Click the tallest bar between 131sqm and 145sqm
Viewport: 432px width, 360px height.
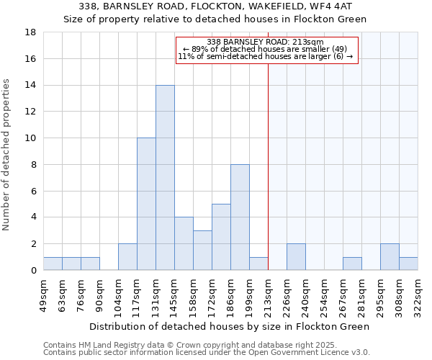pyautogui.click(x=165, y=178)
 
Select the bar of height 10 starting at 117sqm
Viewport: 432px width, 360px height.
pyautogui.click(x=146, y=204)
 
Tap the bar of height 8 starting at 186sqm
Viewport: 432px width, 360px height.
pyautogui.click(x=240, y=217)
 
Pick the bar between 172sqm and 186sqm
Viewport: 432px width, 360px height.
pyautogui.click(x=221, y=237)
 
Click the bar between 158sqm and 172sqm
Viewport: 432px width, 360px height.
pyautogui.click(x=202, y=251)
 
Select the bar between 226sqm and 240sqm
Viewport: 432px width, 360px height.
pyautogui.click(x=296, y=257)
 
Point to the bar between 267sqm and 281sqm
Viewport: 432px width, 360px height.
pyautogui.click(x=352, y=264)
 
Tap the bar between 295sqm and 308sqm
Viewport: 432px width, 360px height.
pyautogui.click(x=390, y=257)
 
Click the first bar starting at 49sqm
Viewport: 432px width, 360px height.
pyautogui.click(x=53, y=264)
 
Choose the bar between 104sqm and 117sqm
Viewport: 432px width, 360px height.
pyautogui.click(x=127, y=257)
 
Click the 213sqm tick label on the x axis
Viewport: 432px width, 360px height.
pyautogui.click(x=268, y=294)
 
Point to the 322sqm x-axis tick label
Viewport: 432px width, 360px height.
pyautogui.click(x=418, y=294)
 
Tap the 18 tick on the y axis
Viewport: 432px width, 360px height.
pyautogui.click(x=30, y=32)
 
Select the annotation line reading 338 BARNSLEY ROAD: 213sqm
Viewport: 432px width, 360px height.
pyautogui.click(x=265, y=42)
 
